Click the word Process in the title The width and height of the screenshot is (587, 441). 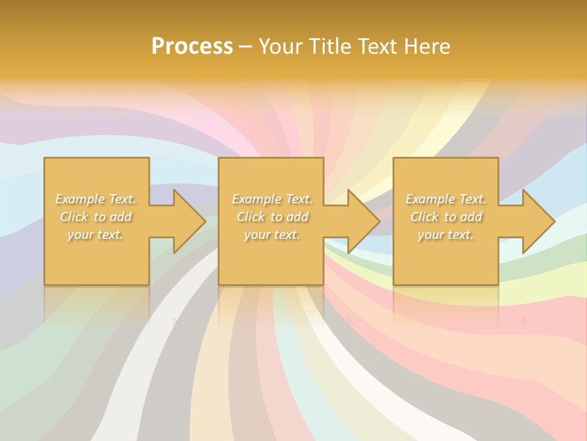click(192, 47)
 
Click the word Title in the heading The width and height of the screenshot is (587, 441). click(326, 47)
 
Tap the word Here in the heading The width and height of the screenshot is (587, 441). click(427, 47)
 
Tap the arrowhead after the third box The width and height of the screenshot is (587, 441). click(537, 221)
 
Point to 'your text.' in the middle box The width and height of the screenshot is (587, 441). click(272, 235)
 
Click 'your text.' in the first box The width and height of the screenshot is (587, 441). click(95, 235)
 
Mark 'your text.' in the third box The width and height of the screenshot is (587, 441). click(446, 235)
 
